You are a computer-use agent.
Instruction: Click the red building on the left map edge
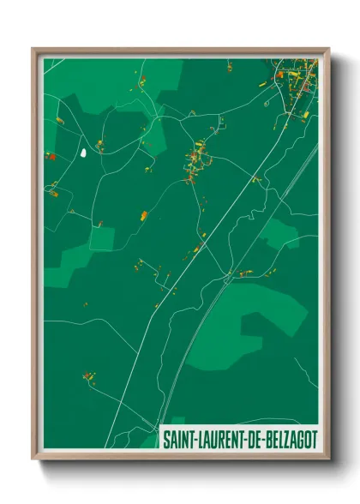point(49,156)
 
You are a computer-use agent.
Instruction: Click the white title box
point(239,439)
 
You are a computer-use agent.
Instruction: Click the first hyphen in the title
point(194,440)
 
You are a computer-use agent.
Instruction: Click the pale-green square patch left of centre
point(101,239)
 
